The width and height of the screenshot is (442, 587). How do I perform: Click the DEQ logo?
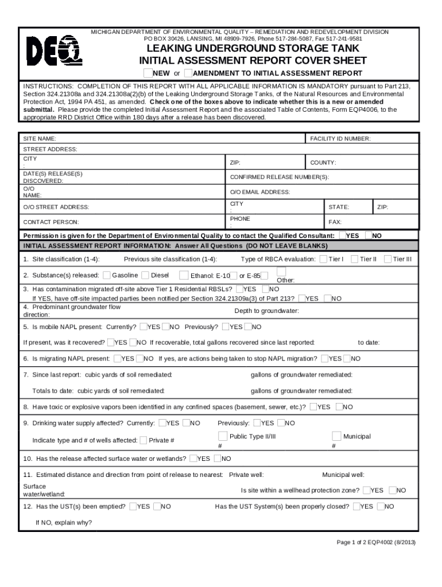55,52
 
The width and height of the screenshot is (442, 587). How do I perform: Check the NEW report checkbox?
148,73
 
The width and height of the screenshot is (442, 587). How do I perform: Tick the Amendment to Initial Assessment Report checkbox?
188,73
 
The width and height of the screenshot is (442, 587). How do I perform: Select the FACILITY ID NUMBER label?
340,139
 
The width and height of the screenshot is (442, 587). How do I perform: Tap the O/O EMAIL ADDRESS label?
260,192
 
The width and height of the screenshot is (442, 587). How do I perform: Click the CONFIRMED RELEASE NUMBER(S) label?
280,177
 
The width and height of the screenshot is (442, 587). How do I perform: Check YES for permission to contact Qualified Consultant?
343,235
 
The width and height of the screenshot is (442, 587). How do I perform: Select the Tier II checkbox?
355,259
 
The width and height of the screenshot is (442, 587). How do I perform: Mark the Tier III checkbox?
388,259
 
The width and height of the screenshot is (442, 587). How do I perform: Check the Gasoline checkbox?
107,275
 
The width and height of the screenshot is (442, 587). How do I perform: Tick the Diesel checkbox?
145,275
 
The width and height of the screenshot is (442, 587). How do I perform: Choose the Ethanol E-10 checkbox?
234,275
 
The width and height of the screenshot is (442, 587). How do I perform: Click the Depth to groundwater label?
266,311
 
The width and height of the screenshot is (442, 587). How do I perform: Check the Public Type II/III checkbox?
223,436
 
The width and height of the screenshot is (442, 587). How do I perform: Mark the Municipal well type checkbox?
336,436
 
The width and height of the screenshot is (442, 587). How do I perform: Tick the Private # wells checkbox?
143,440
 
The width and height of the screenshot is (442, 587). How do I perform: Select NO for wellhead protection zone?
393,490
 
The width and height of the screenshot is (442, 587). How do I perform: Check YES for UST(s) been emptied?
133,506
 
